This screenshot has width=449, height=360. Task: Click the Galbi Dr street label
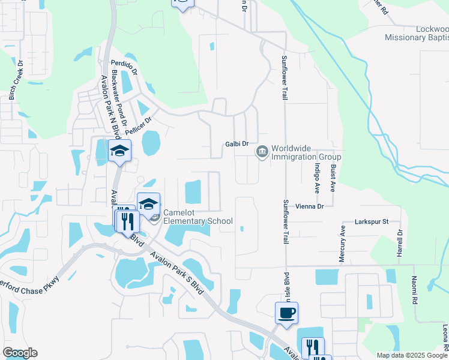tap(237, 144)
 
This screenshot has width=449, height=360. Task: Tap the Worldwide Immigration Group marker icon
tap(262, 152)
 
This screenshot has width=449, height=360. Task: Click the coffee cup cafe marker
tap(286, 313)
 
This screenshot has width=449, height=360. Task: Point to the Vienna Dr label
tap(309, 206)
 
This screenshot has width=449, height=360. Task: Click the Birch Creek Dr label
tap(15, 80)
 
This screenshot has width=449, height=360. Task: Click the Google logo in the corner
tap(20, 353)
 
